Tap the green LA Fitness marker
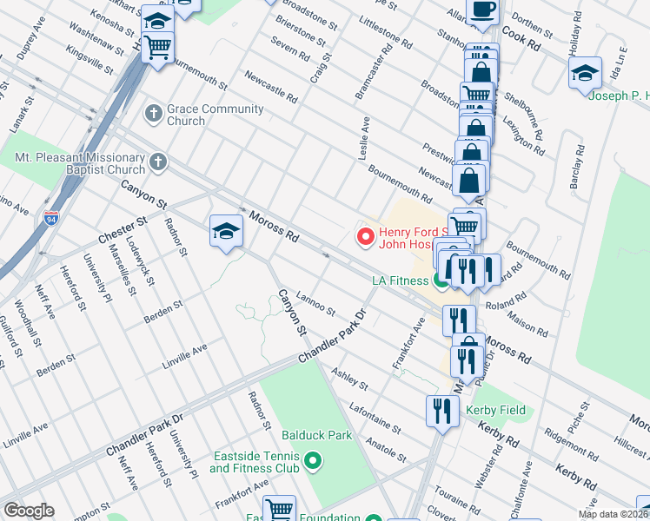pyautogui.click(x=441, y=280)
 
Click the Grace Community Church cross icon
pyautogui.click(x=153, y=114)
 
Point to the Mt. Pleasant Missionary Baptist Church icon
pyautogui.click(x=157, y=162)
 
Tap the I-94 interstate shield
pyautogui.click(x=51, y=218)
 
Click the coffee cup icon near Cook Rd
pyautogui.click(x=482, y=10)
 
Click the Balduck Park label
pyautogui.click(x=317, y=434)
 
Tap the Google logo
pyautogui.click(x=29, y=511)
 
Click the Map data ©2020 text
pyautogui.click(x=614, y=514)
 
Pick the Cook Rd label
pyautogui.click(x=521, y=39)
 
